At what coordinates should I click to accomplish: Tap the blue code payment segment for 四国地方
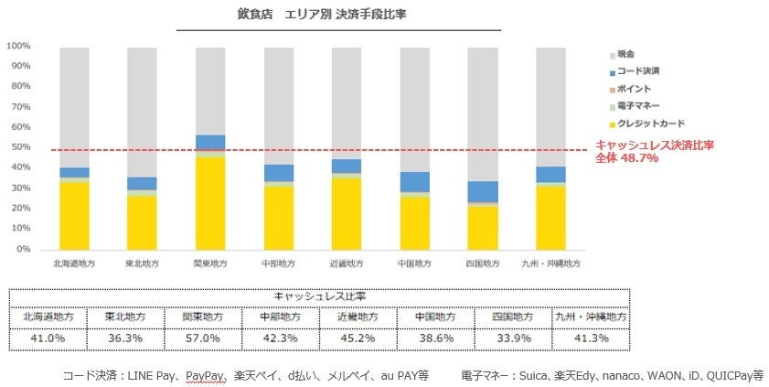click(483, 191)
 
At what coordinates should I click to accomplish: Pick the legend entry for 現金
click(625, 54)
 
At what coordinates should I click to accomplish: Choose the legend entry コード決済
click(637, 71)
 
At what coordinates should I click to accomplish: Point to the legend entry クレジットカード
click(649, 124)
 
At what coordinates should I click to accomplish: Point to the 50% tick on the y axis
click(21, 147)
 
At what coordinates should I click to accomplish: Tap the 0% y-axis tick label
click(24, 249)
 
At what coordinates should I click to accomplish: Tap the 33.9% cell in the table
click(511, 338)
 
